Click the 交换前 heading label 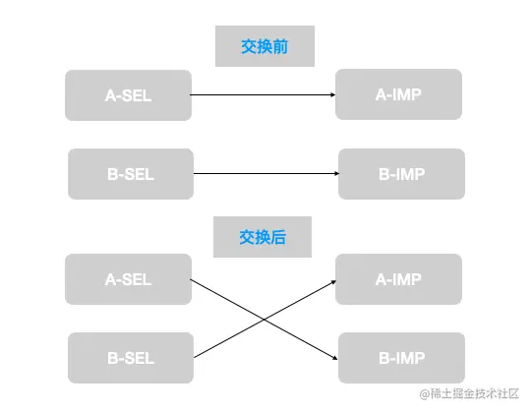pos(264,46)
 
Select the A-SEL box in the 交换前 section pos(128,95)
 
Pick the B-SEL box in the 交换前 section pos(131,175)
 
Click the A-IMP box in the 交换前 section pos(398,94)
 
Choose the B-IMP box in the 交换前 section pos(400,175)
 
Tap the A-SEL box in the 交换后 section pos(128,279)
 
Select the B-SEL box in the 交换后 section pos(131,358)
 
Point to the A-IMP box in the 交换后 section pos(398,279)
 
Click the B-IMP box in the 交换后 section pos(400,358)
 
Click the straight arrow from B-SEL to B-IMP pos(265,175)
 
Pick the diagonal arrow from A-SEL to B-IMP pos(226,299)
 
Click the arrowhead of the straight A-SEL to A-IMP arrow pos(331,95)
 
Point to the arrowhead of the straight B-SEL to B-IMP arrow pos(334,175)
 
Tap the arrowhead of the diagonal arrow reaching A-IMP pos(332,281)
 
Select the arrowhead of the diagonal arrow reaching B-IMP pos(334,355)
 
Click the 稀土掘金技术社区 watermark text pos(476,394)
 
